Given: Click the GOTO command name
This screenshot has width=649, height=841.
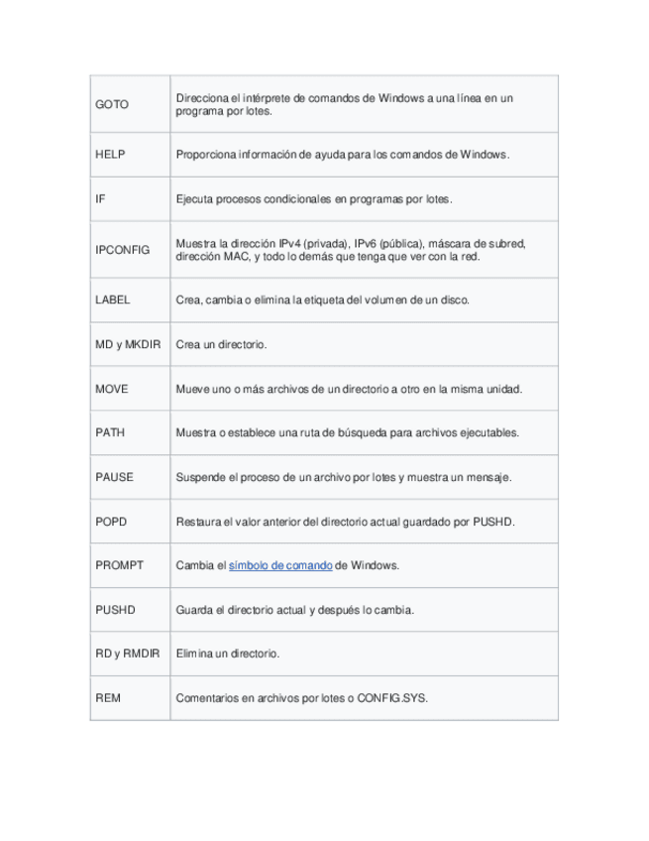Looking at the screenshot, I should pos(112,104).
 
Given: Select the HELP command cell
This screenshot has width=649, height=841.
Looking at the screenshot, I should pos(111,155).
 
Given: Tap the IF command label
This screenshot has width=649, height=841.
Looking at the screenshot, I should pos(100,199).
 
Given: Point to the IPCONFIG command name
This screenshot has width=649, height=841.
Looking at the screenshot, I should pos(122,249).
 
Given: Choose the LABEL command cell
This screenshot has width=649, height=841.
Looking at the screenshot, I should pos(113,300).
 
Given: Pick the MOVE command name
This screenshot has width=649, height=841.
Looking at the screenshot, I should pos(112,389).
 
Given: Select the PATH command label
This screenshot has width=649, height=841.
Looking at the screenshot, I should pos(110,432).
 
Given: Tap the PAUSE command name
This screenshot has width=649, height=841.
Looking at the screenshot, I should pos(114,477).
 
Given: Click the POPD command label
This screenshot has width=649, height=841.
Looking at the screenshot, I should pos(111,521).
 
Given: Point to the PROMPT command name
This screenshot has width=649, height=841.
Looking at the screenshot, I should pos(119,565).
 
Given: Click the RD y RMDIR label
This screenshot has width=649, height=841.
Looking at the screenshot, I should pos(127,654).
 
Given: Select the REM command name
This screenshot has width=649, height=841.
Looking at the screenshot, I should pos(108,698).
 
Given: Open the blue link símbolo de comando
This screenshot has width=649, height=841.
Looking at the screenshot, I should pos(280,565).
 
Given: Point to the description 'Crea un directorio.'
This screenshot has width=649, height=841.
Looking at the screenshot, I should pos(222,344).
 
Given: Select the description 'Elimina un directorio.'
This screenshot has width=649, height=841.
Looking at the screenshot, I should pos(227,654).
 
